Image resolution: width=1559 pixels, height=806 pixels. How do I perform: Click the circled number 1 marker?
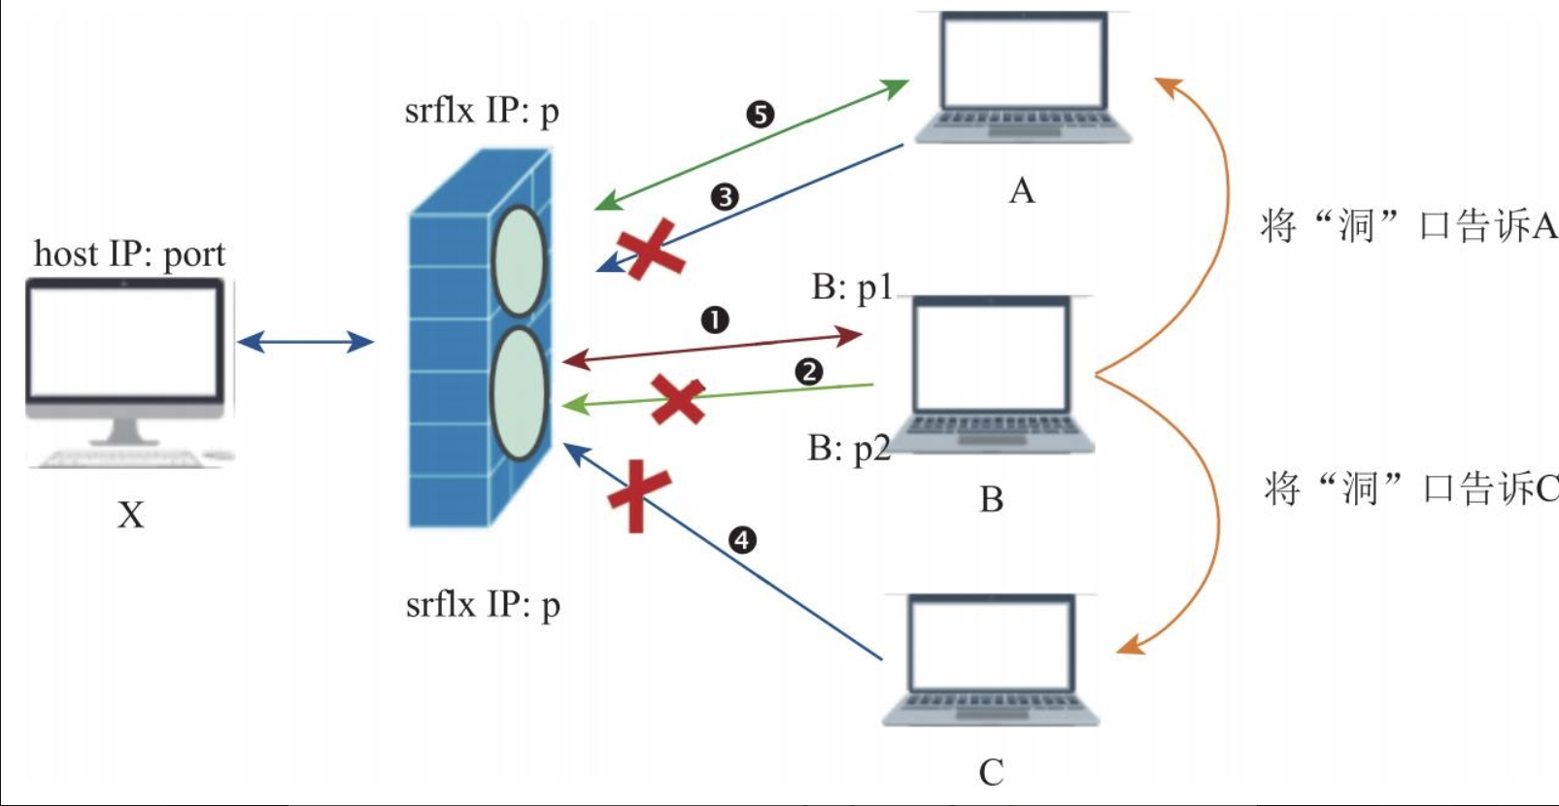[x=715, y=319]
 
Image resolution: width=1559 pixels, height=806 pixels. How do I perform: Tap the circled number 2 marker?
[x=808, y=372]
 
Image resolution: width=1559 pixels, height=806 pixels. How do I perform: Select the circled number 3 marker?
[x=725, y=197]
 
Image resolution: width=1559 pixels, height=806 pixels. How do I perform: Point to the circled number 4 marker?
[x=742, y=540]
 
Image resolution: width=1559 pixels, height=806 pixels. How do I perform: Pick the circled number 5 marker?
[x=760, y=115]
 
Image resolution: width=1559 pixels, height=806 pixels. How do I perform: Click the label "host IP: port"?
[x=129, y=254]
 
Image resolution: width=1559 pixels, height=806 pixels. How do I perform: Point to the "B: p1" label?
[x=851, y=287]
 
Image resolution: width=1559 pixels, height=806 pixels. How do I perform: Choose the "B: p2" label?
[x=848, y=449]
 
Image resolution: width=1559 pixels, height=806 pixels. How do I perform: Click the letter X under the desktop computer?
[x=131, y=515]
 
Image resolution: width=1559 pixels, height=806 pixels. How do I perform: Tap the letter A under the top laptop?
[x=1022, y=191]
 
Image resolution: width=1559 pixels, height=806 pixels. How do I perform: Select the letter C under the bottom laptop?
[x=991, y=773]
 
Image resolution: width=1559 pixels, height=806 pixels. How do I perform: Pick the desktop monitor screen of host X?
[x=124, y=340]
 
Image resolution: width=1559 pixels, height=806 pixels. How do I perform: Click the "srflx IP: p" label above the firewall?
[x=482, y=112]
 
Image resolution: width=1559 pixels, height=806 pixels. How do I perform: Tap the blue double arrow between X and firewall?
[x=305, y=341]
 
